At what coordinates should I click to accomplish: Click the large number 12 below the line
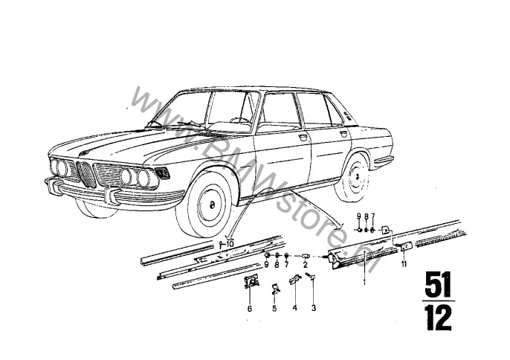439,318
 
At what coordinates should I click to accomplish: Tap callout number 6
250,308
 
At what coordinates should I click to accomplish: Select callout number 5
274,308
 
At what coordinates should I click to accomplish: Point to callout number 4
294,308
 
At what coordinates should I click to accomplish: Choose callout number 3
314,308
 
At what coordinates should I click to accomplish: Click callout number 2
305,265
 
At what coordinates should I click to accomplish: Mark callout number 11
404,264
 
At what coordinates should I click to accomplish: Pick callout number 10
230,244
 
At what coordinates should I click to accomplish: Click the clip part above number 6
251,281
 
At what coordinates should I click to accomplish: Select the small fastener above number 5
276,289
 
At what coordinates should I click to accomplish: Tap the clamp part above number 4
295,279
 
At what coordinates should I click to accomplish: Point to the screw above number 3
311,276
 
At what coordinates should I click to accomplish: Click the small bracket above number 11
404,245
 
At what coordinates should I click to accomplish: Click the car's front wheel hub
212,205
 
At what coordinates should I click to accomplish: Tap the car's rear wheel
354,178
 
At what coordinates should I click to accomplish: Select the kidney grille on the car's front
86,174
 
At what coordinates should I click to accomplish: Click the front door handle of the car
303,138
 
